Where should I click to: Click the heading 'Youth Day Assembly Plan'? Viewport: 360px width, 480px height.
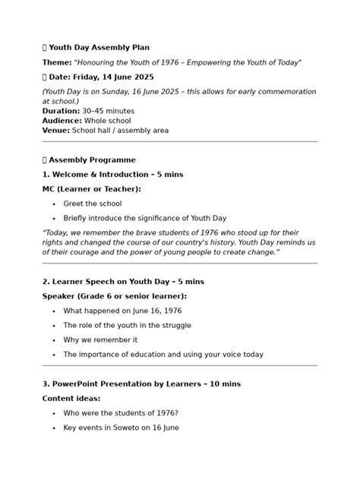click(x=99, y=47)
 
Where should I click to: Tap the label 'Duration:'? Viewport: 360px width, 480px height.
click(x=61, y=111)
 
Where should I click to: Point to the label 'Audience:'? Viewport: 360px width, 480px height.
click(x=62, y=121)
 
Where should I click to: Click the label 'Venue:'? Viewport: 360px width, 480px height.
click(x=56, y=131)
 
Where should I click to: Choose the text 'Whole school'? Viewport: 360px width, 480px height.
click(x=108, y=121)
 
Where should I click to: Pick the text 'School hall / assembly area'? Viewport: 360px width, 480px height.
click(x=120, y=131)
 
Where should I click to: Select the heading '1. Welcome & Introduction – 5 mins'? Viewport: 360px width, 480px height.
click(x=112, y=175)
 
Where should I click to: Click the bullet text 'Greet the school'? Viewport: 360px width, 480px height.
click(x=92, y=204)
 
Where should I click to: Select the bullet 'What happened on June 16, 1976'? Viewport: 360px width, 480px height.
click(x=122, y=311)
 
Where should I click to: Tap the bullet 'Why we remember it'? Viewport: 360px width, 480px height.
click(x=100, y=339)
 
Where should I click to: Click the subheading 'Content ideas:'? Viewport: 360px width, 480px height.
click(x=71, y=398)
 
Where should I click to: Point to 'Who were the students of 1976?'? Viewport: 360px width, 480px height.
click(x=121, y=413)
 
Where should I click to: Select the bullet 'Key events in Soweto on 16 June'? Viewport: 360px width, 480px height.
click(x=121, y=428)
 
